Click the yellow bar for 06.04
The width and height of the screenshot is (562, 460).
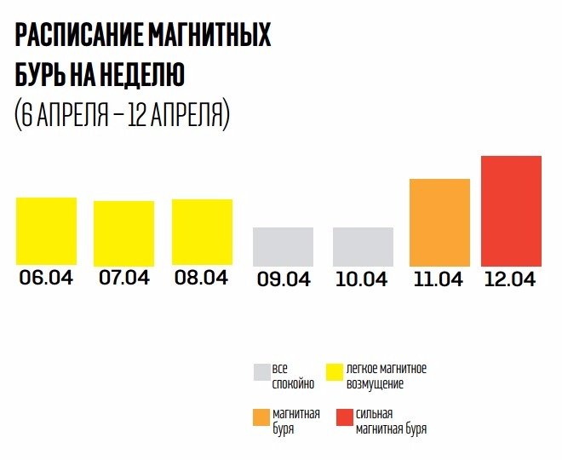[x=47, y=231]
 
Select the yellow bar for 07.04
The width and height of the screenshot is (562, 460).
[x=124, y=233]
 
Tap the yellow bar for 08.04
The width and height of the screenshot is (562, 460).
[x=203, y=233]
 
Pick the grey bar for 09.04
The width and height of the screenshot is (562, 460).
[x=283, y=246]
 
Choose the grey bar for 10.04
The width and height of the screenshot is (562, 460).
[x=363, y=246]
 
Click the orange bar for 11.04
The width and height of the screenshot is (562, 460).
[x=439, y=222]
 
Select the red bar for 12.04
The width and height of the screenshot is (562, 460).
[x=511, y=210]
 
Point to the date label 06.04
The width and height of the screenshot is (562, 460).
[x=47, y=278]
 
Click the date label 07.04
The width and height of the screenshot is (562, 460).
[x=124, y=278]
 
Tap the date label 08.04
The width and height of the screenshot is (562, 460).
[x=203, y=278]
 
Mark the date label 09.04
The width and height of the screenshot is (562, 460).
[x=283, y=279]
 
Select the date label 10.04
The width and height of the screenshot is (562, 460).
[x=363, y=279]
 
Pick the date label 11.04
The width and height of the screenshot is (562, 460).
[x=439, y=279]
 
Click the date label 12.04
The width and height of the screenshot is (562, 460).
[x=511, y=279]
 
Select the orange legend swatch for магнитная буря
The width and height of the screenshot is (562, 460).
[x=261, y=417]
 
